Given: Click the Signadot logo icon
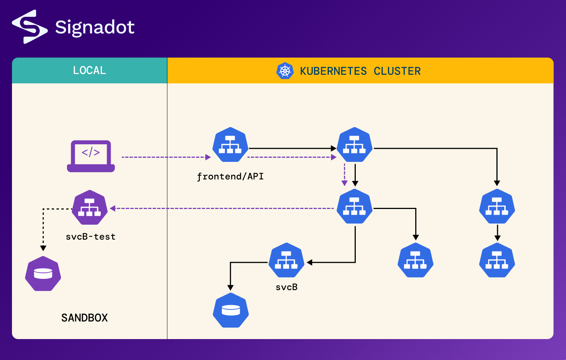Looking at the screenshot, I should tap(30, 27).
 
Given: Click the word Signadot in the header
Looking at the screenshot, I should tap(95, 27).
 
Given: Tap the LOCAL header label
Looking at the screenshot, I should tap(89, 70).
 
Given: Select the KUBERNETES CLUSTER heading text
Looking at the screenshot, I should tap(360, 71).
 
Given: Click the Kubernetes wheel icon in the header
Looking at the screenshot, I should tap(285, 71).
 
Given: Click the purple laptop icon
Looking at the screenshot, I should tap(91, 156).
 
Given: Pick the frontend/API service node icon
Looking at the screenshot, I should tap(230, 145).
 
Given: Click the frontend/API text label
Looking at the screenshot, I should tap(230, 176).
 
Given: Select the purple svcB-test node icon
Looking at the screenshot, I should tap(90, 207).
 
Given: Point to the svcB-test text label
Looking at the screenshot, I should tap(91, 237).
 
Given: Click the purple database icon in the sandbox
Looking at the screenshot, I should tap(43, 274).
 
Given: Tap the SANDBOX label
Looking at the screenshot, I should tap(85, 318).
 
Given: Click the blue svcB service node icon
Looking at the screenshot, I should tap(287, 260).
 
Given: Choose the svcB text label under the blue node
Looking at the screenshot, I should tap(287, 287).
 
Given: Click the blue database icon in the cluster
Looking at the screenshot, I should tap(231, 310).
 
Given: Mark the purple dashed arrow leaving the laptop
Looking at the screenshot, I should tap(165, 157).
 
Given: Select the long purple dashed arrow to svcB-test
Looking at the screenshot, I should tap(224, 208).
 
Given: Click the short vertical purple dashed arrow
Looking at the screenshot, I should tap(345, 174).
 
